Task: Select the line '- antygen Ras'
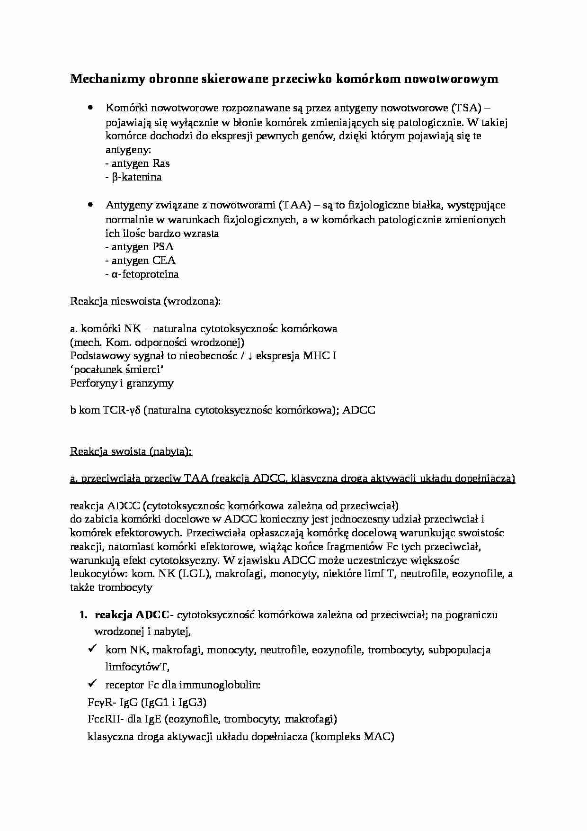137,163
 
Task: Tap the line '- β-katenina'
133,177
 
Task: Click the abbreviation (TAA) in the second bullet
294,205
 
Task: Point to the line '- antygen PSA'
139,247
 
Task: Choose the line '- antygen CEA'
140,261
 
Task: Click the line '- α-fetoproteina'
142,274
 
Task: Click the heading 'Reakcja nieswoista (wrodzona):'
145,301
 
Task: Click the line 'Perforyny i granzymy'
122,383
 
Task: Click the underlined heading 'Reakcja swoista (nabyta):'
131,452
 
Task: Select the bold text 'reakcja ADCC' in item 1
132,615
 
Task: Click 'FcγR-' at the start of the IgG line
101,702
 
